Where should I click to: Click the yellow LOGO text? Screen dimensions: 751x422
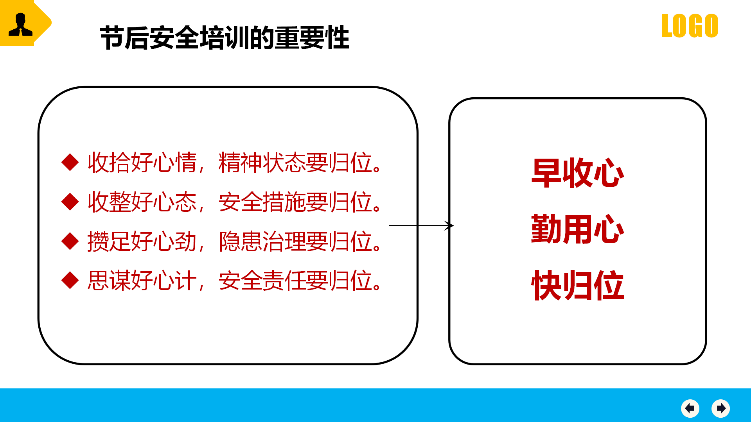coord(690,26)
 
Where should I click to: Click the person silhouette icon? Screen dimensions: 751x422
coord(20,24)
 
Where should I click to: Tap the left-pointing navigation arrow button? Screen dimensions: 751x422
coord(690,409)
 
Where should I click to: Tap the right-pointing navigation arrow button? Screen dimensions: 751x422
coord(721,409)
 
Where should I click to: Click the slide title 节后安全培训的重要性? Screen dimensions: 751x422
coord(225,38)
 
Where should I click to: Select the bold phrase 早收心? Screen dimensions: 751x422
coord(578,173)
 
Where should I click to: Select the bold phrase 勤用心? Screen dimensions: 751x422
coord(578,229)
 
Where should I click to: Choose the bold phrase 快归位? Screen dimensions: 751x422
coord(578,285)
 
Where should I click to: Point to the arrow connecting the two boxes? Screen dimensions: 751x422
coord(421,225)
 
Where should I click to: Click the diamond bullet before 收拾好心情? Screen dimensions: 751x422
coord(70,162)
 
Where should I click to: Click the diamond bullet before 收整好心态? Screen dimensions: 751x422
coord(70,202)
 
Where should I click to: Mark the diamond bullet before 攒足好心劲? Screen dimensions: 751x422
coord(70,241)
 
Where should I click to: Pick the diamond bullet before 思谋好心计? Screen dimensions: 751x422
coord(70,280)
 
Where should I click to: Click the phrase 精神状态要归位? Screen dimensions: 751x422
coord(295,163)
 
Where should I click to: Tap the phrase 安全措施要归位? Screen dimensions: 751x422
coord(295,202)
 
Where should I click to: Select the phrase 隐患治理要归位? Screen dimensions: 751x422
coord(295,241)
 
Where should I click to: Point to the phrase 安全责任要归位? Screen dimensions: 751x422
coord(295,281)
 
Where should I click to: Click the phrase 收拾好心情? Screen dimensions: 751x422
coord(142,163)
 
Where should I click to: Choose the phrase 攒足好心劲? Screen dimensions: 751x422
coord(142,241)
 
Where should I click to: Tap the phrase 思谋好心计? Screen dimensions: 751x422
coord(142,281)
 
